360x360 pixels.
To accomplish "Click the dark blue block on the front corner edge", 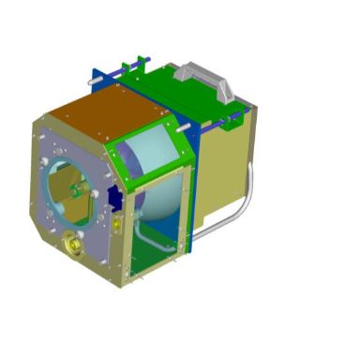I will click(x=114, y=197).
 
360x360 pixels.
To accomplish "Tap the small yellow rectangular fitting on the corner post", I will click(x=116, y=226).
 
